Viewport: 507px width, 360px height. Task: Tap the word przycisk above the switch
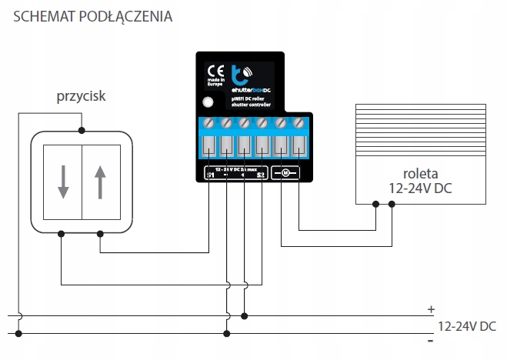[x=81, y=97]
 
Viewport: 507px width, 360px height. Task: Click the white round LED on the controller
[x=207, y=102]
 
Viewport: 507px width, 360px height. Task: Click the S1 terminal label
[x=210, y=175]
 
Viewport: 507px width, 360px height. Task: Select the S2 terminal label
[x=261, y=175]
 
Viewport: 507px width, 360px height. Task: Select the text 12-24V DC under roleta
[x=421, y=188]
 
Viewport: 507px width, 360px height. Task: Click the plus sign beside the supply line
[x=431, y=309]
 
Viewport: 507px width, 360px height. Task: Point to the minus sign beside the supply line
[x=431, y=340]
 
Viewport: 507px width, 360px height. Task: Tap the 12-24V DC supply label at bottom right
[x=466, y=326]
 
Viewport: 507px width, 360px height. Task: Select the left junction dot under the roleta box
[x=375, y=205]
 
